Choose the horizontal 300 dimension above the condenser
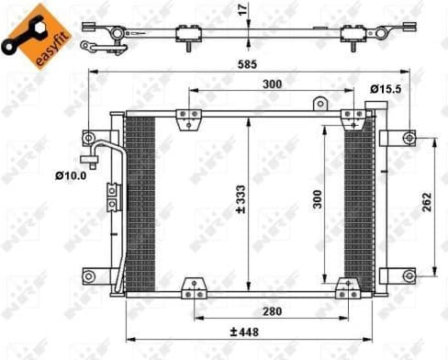(x=270, y=84)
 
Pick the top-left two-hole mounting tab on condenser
(x=188, y=117)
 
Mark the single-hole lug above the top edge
(x=319, y=104)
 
